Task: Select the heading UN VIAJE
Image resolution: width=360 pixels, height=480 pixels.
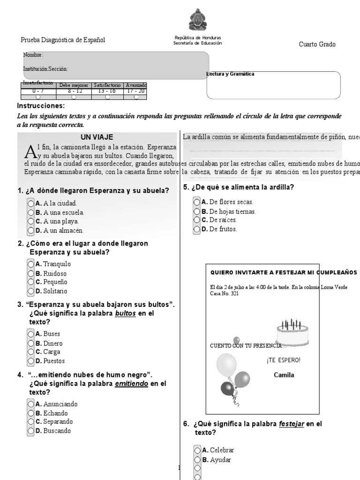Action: click(x=97, y=137)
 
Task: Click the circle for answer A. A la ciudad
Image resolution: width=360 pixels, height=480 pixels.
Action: click(x=31, y=203)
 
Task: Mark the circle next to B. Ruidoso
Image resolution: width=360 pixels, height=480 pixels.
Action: click(x=31, y=273)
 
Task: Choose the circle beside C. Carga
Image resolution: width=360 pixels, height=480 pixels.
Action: click(x=31, y=352)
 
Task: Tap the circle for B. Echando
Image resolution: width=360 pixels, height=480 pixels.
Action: click(x=31, y=413)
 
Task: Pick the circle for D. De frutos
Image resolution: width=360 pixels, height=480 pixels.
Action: click(x=197, y=229)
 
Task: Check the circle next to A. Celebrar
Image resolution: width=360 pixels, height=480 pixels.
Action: click(x=197, y=450)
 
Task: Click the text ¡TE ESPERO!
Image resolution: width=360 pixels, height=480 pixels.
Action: click(x=284, y=360)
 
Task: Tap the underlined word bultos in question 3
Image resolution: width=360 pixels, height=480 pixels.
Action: click(x=126, y=313)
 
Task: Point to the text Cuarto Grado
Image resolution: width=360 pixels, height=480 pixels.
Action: click(x=317, y=45)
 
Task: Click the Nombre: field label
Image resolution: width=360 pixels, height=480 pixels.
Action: click(x=33, y=55)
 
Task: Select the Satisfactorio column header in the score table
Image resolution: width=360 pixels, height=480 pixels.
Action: click(x=107, y=85)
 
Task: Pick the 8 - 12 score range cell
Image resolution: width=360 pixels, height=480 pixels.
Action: click(x=73, y=91)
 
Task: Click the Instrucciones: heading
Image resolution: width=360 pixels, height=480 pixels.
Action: click(x=41, y=106)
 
